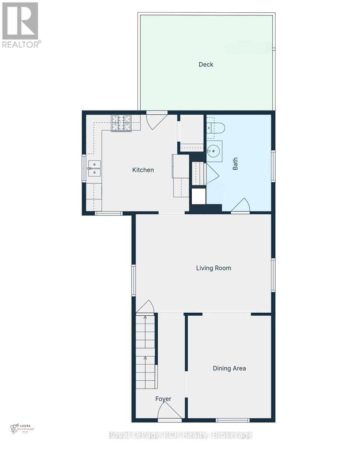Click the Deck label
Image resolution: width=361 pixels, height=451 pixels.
coord(206,65)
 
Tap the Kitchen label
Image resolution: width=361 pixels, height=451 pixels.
coord(143,170)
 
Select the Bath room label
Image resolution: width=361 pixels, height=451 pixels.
coord(235,164)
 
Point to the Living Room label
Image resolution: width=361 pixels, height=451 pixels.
coord(214,268)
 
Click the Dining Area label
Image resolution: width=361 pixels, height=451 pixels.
coord(229,368)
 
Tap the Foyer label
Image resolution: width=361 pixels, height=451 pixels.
coord(163,399)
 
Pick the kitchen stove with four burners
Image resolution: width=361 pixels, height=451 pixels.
coord(121,123)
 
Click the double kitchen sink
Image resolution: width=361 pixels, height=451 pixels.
coord(94,168)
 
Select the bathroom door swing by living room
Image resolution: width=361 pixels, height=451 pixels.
coord(241,206)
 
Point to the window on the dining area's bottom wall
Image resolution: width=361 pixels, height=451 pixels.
coord(232,420)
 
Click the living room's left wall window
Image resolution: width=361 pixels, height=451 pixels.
coord(133,280)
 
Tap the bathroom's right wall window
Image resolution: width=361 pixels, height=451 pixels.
coord(273,166)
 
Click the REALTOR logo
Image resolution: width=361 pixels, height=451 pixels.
coord(20,25)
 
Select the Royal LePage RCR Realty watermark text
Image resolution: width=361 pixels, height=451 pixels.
coord(180,435)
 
